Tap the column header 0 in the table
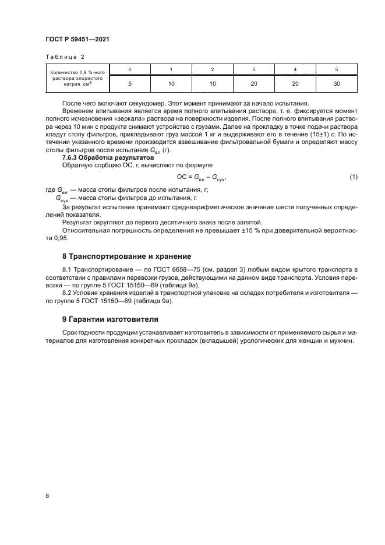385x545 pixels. click(129, 69)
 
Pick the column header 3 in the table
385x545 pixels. click(254, 69)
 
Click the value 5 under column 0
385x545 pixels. click(129, 84)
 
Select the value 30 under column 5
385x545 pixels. click(337, 84)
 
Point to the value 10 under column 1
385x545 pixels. click(171, 84)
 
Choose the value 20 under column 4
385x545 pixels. click(295, 84)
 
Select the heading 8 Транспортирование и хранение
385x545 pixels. click(125, 256)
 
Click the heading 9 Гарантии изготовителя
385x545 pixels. click(110, 319)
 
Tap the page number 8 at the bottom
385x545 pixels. click(47, 495)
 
